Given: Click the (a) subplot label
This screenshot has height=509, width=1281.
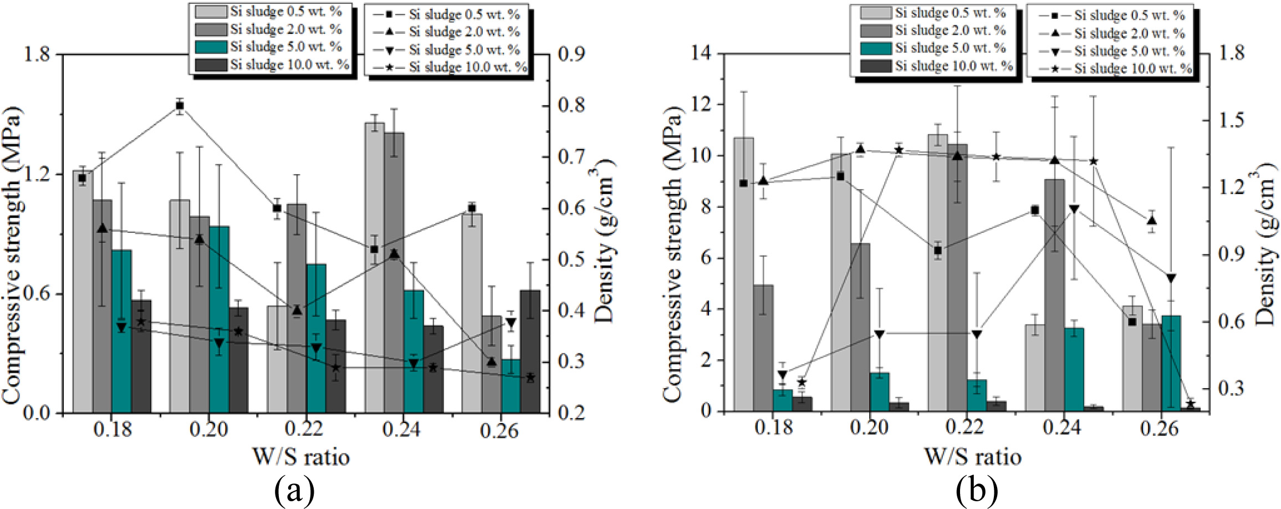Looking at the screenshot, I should coord(294,490).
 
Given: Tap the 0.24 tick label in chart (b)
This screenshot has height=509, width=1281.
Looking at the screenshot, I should coord(1063,427).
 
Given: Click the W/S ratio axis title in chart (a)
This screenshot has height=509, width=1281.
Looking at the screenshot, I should coord(302,457).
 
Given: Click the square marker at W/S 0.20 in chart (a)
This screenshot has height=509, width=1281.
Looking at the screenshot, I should coord(180,105).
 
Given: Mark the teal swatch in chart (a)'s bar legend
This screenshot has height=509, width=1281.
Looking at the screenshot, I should coord(211,47).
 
